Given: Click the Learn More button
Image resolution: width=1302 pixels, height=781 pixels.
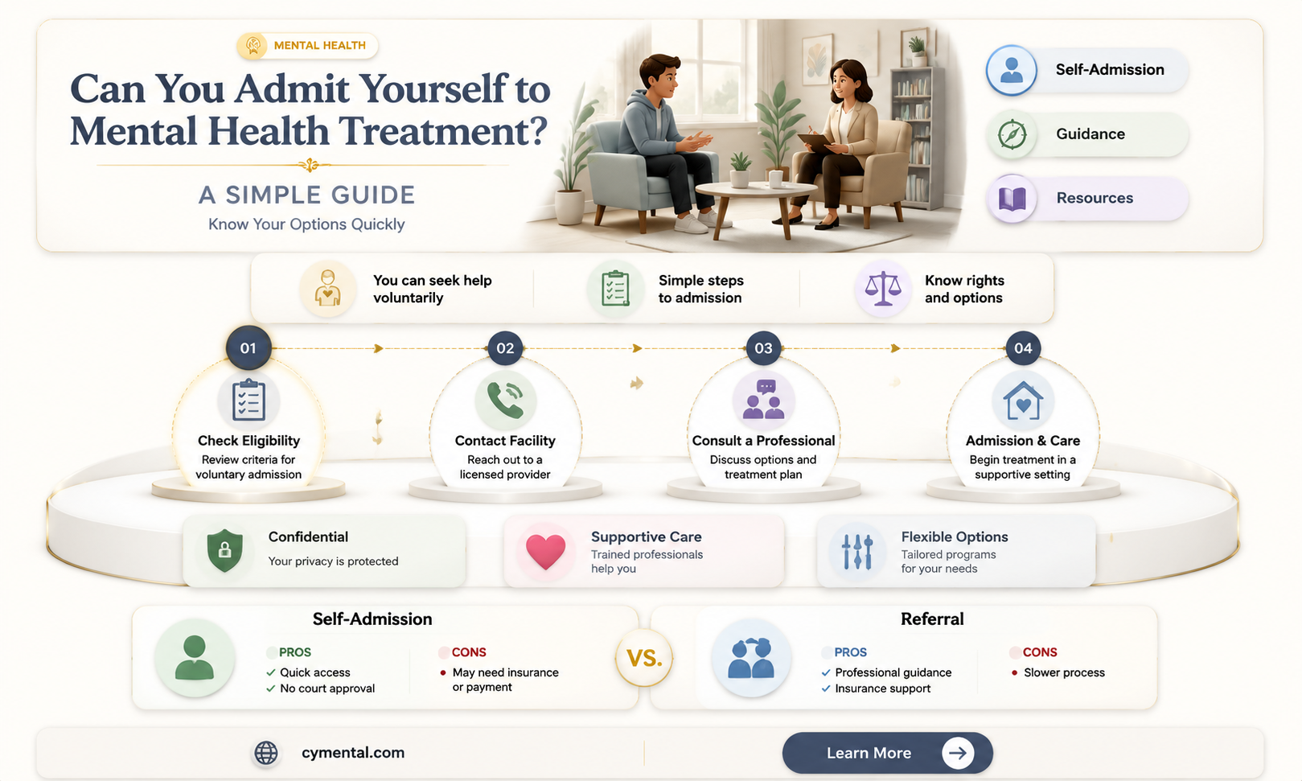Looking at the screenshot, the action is click(x=887, y=753).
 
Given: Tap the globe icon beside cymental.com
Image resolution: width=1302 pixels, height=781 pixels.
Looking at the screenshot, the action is click(x=266, y=753).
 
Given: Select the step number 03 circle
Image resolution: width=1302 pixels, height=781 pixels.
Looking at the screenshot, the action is click(x=763, y=347).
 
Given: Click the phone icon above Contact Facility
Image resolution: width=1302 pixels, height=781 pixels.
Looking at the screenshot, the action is click(x=504, y=400).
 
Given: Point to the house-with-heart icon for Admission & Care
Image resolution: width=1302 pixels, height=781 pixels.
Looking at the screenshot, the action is click(x=1022, y=401).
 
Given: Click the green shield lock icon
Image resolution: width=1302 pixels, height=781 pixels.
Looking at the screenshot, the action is click(x=225, y=550).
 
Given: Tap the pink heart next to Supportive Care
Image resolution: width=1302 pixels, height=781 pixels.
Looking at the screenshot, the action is click(x=545, y=551).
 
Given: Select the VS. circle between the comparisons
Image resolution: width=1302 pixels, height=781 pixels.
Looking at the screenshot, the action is click(x=644, y=658).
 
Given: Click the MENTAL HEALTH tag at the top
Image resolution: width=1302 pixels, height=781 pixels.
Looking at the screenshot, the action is click(x=307, y=45).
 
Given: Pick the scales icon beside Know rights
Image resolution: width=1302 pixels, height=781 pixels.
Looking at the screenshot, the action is click(x=882, y=289).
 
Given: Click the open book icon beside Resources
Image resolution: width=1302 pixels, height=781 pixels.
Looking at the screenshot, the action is click(x=1012, y=199).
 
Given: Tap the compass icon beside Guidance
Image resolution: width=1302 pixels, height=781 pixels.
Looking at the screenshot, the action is click(x=1012, y=134).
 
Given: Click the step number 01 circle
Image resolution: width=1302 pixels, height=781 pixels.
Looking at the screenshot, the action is click(x=248, y=347).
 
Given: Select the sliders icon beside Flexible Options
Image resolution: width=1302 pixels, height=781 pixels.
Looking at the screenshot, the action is click(x=856, y=551).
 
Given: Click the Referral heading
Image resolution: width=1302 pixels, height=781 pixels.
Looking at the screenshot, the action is click(x=932, y=619).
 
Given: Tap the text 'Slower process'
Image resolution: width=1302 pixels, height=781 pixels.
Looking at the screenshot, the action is click(x=1064, y=672).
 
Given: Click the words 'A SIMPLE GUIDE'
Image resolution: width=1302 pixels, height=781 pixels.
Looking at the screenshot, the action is click(x=307, y=195).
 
